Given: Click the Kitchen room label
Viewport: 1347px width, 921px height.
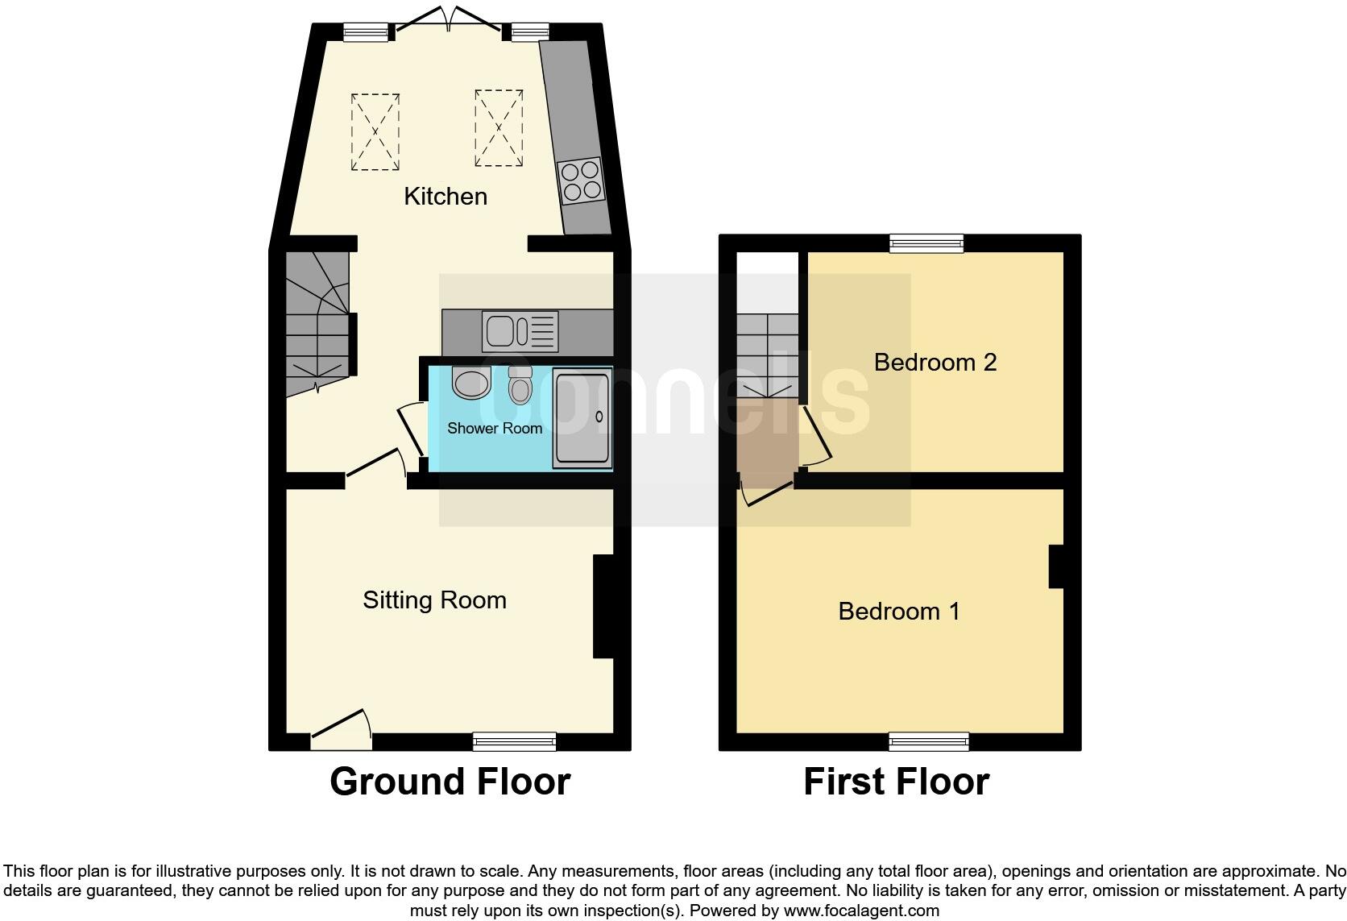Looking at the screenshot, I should pyautogui.click(x=445, y=196).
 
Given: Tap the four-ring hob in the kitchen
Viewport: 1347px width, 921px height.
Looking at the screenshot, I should pyautogui.click(x=581, y=180).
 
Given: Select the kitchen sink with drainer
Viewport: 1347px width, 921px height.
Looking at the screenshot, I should pyautogui.click(x=520, y=331).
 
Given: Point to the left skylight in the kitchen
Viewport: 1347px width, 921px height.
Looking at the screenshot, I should pyautogui.click(x=375, y=131).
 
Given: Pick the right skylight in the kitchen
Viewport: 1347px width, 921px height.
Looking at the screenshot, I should pyautogui.click(x=499, y=127).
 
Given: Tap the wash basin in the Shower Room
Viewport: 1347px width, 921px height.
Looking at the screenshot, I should pyautogui.click(x=470, y=383).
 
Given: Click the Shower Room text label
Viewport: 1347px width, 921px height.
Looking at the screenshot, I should pyautogui.click(x=494, y=428).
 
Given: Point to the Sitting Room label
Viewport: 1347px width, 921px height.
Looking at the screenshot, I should pyautogui.click(x=434, y=599).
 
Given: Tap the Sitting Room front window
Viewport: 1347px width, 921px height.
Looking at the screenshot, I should pyautogui.click(x=514, y=741).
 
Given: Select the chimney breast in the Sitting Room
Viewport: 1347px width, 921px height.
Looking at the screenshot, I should pyautogui.click(x=603, y=606).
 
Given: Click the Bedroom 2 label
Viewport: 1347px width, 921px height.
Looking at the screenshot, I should pyautogui.click(x=935, y=362).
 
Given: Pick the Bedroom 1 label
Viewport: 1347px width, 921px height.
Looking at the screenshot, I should pyautogui.click(x=898, y=611).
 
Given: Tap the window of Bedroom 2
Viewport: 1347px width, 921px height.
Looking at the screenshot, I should pyautogui.click(x=926, y=243).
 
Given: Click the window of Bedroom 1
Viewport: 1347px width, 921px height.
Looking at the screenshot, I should pyautogui.click(x=928, y=741).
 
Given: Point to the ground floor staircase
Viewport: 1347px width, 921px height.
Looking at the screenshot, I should pyautogui.click(x=317, y=322).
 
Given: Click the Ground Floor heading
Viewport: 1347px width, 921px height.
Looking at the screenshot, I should pyautogui.click(x=450, y=782).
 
